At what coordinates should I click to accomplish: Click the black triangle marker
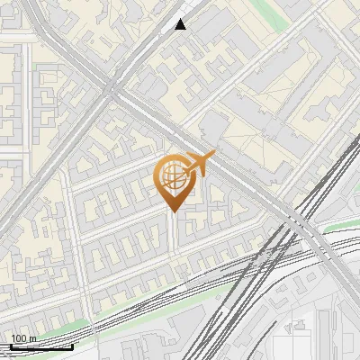tap(181, 24)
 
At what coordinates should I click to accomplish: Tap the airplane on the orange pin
tap(196, 165)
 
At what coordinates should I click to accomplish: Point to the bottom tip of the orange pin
tap(172, 211)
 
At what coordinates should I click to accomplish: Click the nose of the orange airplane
tap(214, 156)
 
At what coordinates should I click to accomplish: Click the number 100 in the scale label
tap(19, 338)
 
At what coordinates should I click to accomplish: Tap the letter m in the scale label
tap(32, 338)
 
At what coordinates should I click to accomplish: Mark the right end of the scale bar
tap(73, 346)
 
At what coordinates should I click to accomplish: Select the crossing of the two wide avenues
tap(111, 88)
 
